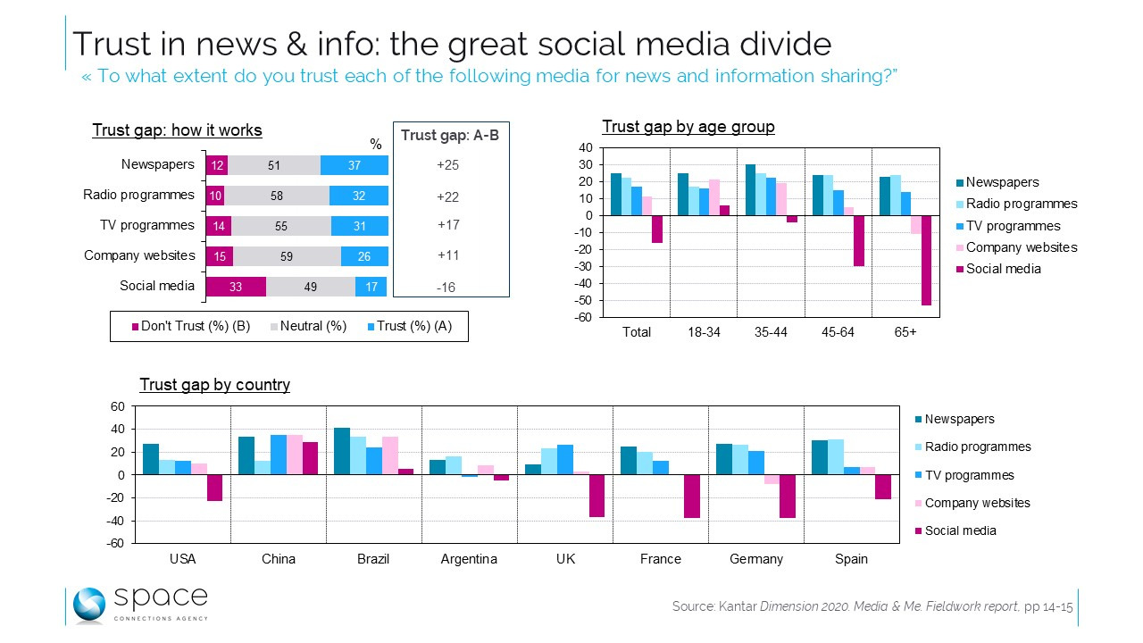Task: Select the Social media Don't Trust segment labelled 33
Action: point(236,287)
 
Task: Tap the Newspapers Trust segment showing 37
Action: point(355,165)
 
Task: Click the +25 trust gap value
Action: point(448,165)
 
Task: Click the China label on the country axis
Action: point(279,559)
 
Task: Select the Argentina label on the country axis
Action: point(469,559)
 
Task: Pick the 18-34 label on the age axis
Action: point(704,332)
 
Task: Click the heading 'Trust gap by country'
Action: point(214,385)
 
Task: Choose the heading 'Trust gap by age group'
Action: point(688,127)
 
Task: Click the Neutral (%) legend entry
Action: point(308,326)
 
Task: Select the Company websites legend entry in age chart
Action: point(1022,247)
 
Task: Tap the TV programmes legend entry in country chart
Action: point(969,475)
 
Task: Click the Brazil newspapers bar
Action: point(341,451)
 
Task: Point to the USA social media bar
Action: point(214,488)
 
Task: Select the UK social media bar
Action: point(597,496)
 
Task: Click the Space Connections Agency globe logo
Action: point(90,605)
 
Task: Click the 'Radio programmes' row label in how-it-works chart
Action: point(138,195)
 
